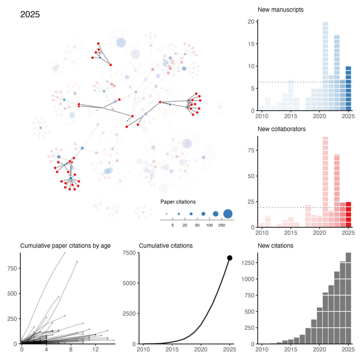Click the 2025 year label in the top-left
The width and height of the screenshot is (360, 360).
click(30, 15)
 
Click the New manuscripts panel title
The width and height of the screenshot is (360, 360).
click(280, 10)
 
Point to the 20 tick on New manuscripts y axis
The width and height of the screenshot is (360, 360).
click(251, 21)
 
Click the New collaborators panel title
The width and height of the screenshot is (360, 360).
click(282, 129)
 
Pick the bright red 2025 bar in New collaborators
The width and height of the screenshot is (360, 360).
click(348, 215)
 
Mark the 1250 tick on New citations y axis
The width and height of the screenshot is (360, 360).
click(247, 263)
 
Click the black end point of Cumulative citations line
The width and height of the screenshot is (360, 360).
click(230, 258)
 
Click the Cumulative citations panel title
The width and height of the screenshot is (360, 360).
click(166, 246)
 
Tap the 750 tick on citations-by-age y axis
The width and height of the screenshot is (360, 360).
click(13, 258)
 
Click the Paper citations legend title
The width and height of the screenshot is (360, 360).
click(178, 202)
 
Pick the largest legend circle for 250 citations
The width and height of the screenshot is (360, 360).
click(228, 214)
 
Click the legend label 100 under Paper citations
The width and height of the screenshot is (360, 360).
click(209, 225)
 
